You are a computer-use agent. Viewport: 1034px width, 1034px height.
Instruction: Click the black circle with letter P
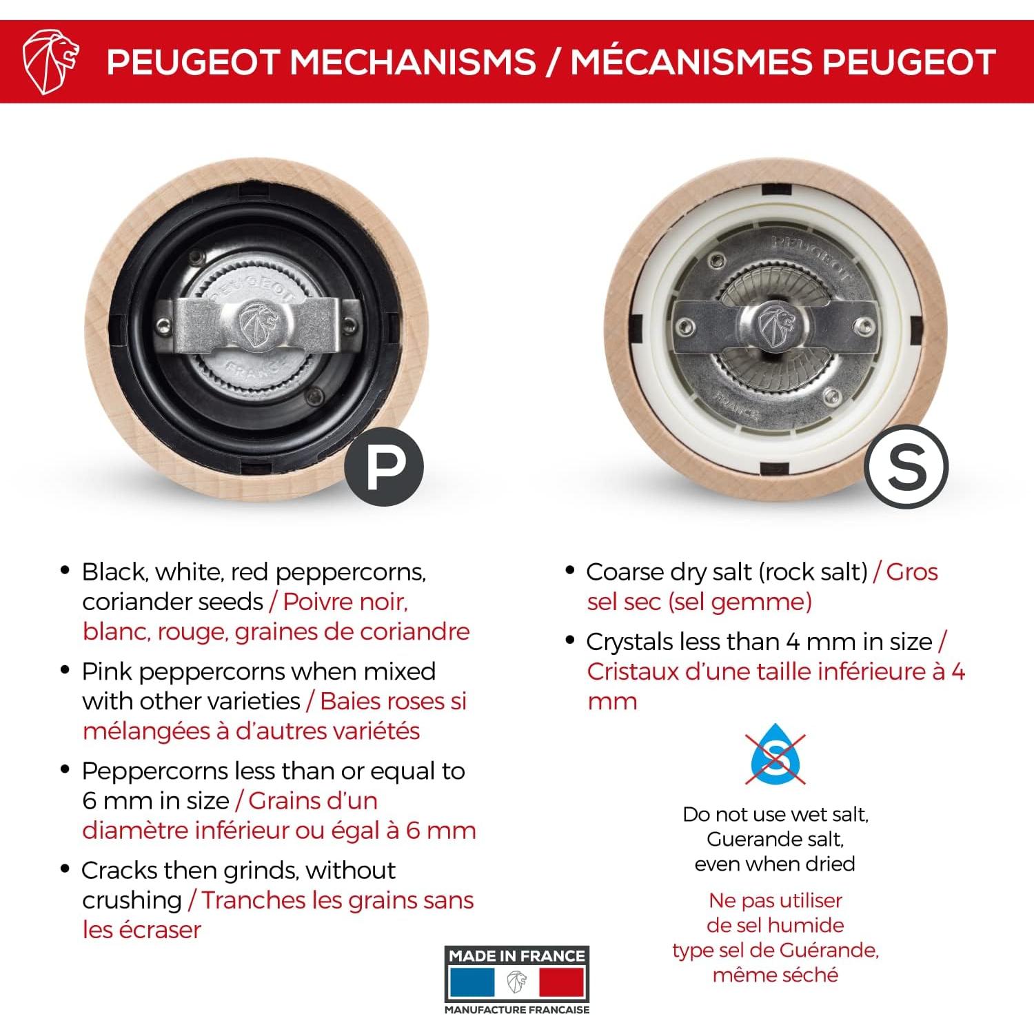point(384,467)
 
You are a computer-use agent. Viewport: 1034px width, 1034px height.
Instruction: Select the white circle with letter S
point(906,467)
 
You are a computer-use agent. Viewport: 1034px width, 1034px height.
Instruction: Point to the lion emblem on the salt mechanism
point(775,323)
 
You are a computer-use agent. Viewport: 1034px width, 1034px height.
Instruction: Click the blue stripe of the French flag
point(472,982)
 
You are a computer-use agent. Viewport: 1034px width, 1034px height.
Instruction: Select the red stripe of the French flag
point(561,982)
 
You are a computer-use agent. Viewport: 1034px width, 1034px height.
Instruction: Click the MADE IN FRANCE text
point(517,955)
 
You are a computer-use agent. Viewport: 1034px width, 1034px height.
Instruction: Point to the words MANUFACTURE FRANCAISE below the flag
point(517,1010)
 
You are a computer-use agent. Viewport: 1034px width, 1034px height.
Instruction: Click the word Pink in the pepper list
point(110,671)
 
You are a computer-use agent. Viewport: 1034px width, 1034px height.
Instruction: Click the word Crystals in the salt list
point(630,642)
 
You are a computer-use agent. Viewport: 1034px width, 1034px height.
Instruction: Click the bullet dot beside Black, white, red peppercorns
point(65,570)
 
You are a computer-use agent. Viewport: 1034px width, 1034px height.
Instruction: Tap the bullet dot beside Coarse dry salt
point(569,570)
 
